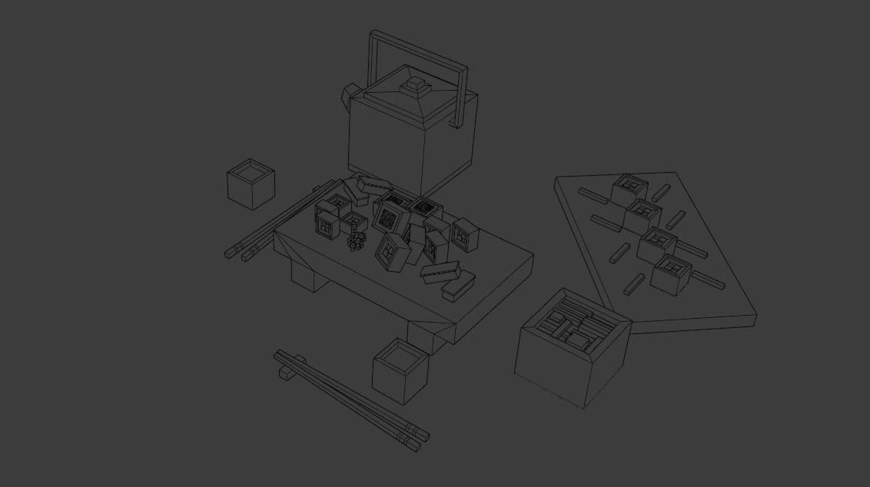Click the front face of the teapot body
384,149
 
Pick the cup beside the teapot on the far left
251,184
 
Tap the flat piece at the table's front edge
458,287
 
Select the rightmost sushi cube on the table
466,236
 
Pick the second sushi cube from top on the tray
643,216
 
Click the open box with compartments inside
573,348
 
